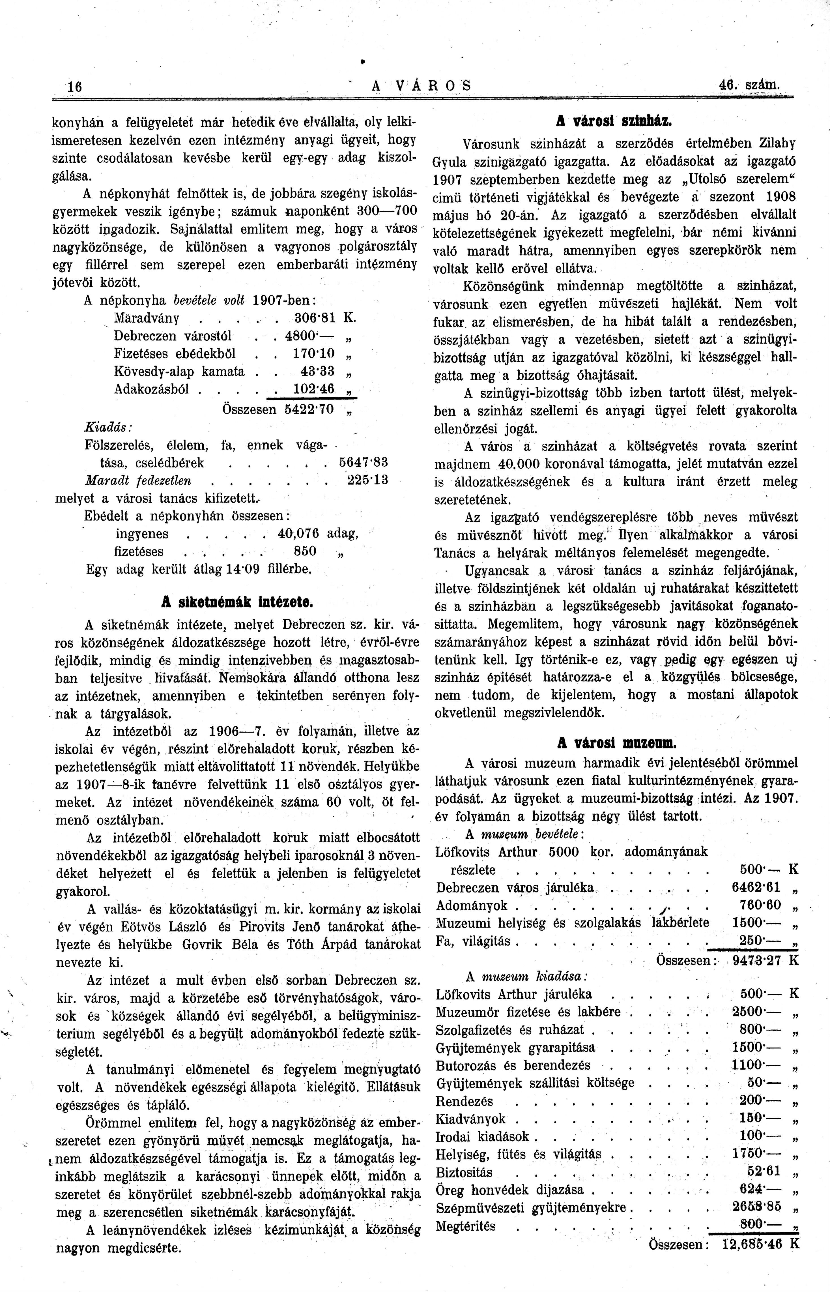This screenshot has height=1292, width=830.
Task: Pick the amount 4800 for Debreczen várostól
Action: [x=304, y=336]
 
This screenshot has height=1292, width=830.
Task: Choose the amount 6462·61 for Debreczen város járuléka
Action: [x=756, y=888]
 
